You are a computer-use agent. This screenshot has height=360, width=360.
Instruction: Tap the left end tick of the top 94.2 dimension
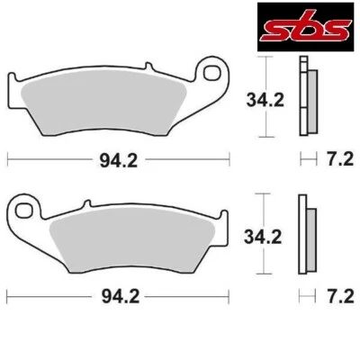click(x=8, y=162)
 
